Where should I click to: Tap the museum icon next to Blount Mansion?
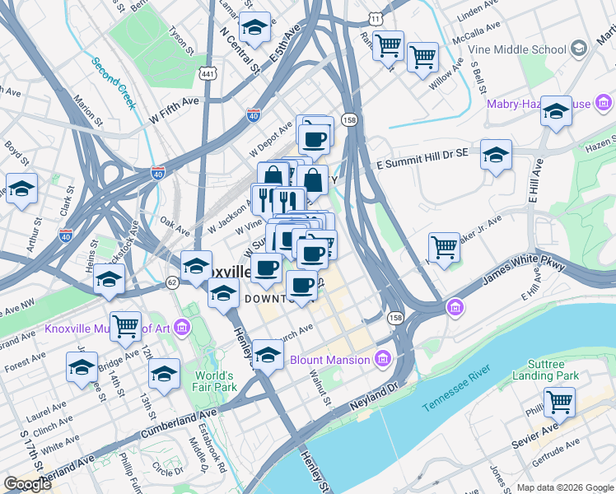[x=382, y=359]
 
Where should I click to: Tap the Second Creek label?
[x=114, y=82]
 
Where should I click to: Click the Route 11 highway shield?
[x=376, y=17]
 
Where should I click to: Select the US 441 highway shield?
[x=207, y=74]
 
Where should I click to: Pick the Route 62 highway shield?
[x=172, y=282]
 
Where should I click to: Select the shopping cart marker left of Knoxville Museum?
[x=125, y=326]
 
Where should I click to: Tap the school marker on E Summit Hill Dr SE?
[x=496, y=155]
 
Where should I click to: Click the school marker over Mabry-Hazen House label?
[x=557, y=111]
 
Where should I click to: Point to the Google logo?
[x=27, y=484]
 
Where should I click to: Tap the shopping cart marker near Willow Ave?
[x=422, y=58]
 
